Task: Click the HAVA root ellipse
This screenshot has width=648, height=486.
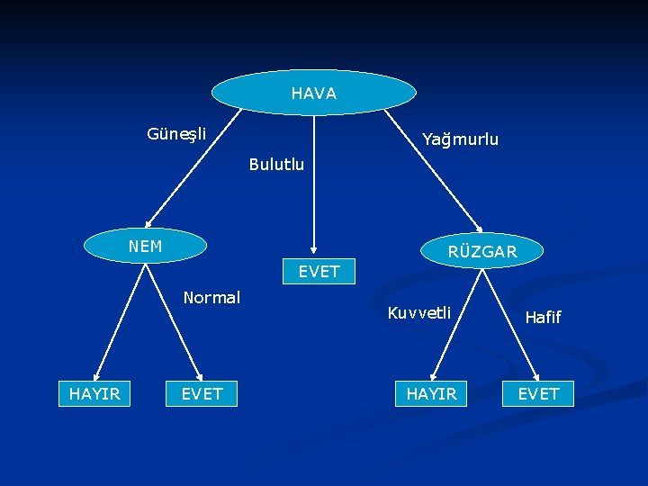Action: (313, 93)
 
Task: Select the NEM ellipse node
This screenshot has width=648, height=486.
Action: (145, 246)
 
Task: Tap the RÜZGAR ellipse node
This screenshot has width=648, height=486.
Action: (481, 251)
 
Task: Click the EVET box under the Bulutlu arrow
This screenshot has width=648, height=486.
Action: (319, 271)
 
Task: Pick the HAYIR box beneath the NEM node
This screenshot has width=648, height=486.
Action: (94, 393)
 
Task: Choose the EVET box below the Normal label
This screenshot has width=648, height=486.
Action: (202, 393)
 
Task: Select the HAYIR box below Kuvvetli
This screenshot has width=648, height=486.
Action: (431, 393)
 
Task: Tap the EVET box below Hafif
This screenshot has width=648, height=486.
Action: (538, 393)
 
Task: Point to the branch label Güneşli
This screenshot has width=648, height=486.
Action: (176, 134)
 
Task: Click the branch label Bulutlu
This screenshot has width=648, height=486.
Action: (276, 165)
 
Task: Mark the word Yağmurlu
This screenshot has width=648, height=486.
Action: (460, 139)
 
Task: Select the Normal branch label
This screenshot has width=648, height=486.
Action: (211, 297)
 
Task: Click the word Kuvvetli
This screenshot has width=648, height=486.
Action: (418, 313)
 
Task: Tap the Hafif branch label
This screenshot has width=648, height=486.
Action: (543, 317)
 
